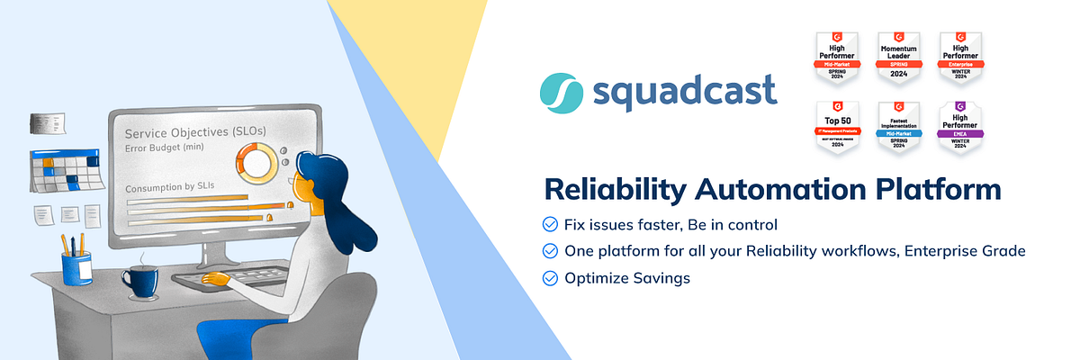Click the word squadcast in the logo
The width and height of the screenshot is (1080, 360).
684,94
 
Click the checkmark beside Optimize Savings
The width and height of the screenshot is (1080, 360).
549,278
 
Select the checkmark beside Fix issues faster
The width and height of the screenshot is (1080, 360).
549,224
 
